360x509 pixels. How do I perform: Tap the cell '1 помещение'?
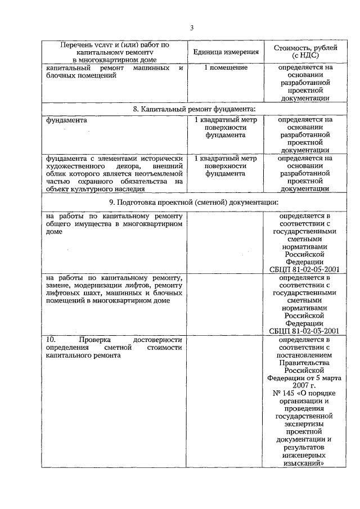(x=226, y=68)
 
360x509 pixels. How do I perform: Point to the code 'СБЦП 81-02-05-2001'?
(x=304, y=269)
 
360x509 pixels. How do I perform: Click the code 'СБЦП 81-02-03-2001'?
(x=304, y=331)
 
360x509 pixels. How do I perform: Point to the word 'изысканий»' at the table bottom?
(x=304, y=463)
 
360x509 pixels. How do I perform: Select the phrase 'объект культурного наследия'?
(x=93, y=190)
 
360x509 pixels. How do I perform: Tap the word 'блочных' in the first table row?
(x=64, y=76)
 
